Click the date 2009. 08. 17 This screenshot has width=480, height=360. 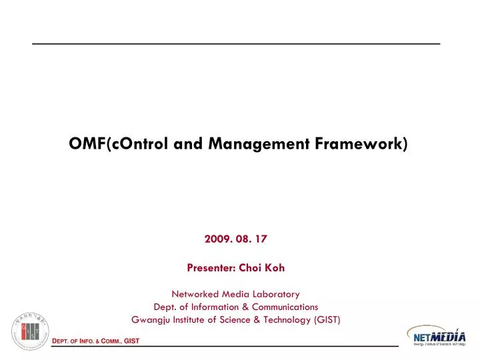click(x=236, y=237)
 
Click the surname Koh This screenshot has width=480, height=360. click(x=277, y=268)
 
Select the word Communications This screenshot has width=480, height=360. click(x=289, y=307)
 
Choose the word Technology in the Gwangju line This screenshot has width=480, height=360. click(x=284, y=320)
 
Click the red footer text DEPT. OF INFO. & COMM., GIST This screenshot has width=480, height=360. click(x=96, y=342)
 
